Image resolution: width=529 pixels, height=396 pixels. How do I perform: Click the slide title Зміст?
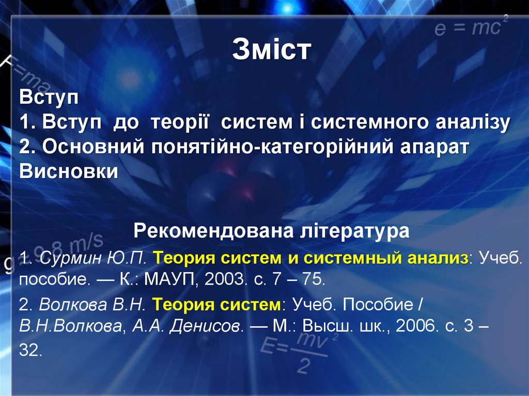tap(272, 51)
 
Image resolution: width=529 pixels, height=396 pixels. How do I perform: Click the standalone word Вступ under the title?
tap(48, 97)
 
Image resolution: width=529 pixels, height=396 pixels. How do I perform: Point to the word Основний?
tap(93, 147)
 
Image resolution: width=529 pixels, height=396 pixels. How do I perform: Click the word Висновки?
tap(69, 171)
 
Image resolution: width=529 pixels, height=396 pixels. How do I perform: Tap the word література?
tap(354, 230)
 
